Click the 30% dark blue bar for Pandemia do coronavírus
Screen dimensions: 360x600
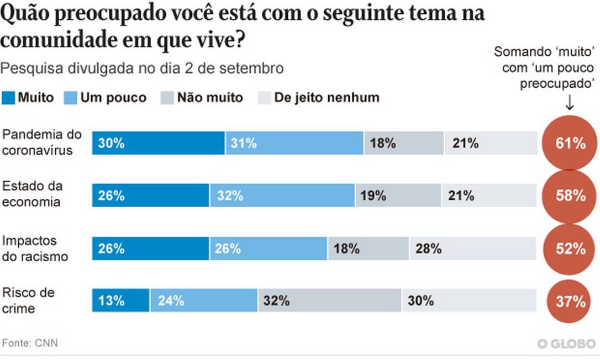click(158, 144)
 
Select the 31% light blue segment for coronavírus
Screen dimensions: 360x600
click(294, 144)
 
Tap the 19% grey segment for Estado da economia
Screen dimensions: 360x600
click(398, 195)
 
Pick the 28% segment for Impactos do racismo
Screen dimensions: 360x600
click(472, 248)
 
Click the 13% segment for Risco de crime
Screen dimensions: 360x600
click(120, 301)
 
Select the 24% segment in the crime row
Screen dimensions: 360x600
click(203, 301)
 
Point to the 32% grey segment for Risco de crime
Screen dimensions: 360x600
click(329, 301)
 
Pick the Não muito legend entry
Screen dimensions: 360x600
click(202, 98)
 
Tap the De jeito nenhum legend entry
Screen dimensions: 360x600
click(319, 98)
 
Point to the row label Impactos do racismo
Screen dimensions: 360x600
click(35, 248)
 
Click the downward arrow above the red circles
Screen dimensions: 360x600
click(570, 103)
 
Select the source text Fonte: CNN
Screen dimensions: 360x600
click(30, 343)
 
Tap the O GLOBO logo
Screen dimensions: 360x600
click(565, 343)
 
